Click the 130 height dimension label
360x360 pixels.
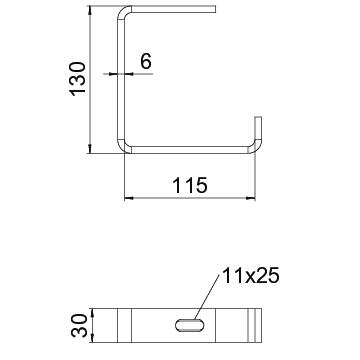(x=78, y=79)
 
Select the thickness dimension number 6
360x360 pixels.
(x=146, y=61)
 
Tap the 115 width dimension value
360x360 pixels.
(x=190, y=185)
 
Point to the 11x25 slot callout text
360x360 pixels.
(x=250, y=276)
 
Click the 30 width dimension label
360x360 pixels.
(x=79, y=326)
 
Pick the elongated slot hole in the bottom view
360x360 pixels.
(x=190, y=325)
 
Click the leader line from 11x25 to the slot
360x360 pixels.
(x=207, y=297)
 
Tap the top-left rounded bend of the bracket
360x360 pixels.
(x=123, y=12)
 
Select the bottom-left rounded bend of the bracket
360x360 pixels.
(x=123, y=147)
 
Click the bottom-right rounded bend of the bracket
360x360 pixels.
(x=256, y=147)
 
